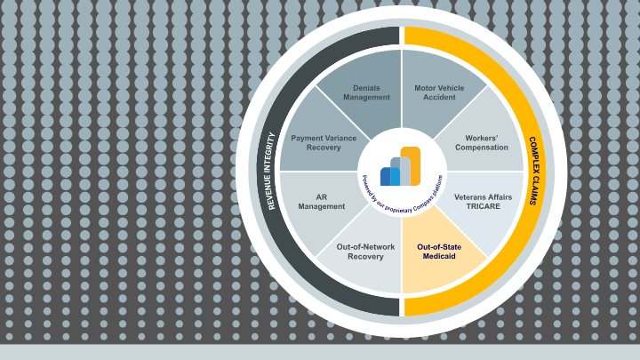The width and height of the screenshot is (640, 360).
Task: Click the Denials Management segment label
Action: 366,92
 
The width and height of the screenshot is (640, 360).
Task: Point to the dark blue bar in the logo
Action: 385,176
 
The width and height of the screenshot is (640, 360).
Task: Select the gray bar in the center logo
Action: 396,171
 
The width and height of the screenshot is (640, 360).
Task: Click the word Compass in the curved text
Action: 422,196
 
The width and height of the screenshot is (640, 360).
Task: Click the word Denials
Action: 366,88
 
